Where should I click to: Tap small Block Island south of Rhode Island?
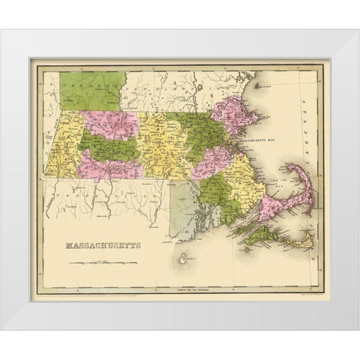click(183, 261)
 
